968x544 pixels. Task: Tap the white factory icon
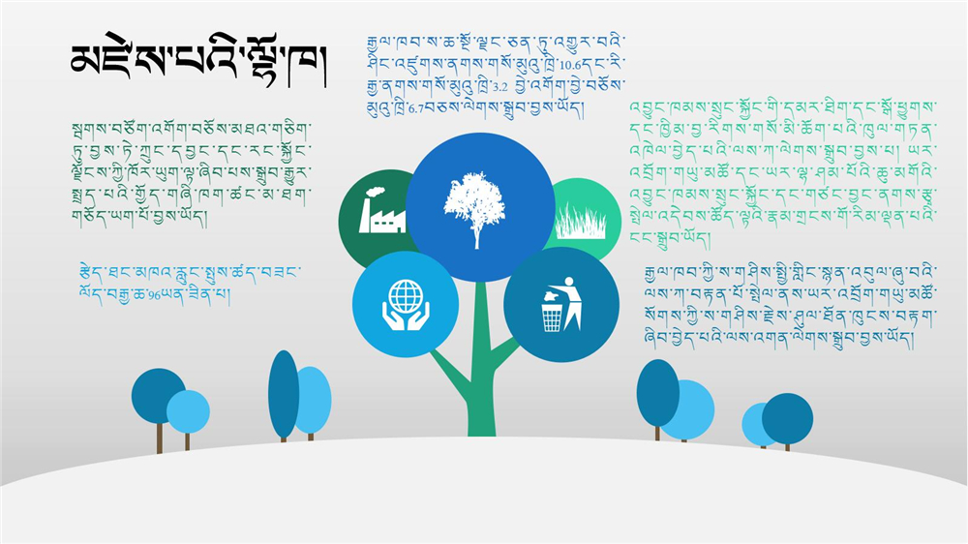coord(382,210)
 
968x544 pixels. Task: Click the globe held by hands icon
coord(405,304)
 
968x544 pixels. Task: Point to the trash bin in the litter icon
coord(552,317)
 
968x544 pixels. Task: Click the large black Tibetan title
coord(197,62)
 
